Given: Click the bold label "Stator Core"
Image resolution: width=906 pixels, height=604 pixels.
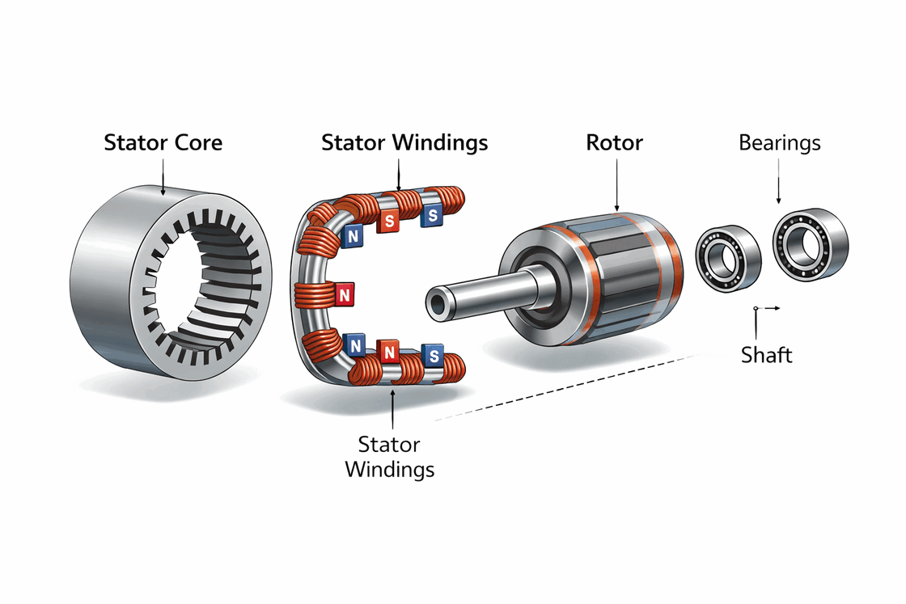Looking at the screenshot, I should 163,143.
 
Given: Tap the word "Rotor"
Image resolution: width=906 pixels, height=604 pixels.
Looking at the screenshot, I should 614,143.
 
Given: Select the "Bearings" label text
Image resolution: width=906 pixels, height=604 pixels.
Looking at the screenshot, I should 779,143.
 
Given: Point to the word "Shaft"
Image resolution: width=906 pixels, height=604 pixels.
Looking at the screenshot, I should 766,354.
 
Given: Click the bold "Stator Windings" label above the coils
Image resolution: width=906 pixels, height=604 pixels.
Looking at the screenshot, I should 404,143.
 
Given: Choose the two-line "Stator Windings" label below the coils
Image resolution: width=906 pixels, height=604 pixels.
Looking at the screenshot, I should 390,457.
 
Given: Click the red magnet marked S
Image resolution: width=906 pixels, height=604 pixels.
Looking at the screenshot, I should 390,219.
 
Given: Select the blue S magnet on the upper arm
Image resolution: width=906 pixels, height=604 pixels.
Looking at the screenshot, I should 432,216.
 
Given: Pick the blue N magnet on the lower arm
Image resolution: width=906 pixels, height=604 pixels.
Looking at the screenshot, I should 354,345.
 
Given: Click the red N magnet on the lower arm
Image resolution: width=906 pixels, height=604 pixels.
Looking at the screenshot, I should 390,353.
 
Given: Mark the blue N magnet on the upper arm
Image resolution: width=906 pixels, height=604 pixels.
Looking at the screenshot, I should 354,235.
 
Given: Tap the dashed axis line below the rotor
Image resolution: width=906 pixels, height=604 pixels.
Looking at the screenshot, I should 566,386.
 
